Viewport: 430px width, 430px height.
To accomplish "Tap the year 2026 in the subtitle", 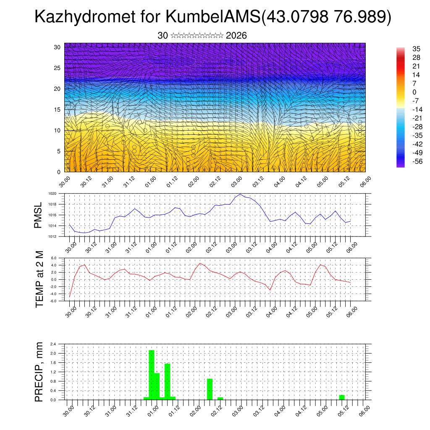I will (x=236, y=36).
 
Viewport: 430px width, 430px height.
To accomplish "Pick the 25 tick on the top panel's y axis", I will (x=57, y=68).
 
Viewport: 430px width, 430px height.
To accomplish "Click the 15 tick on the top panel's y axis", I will (x=57, y=110).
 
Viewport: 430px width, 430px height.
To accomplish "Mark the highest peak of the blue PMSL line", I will (x=240, y=194).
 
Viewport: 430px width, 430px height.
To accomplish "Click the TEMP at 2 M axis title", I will (x=39, y=279).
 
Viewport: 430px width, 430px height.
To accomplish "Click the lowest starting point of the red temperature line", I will (x=70, y=296).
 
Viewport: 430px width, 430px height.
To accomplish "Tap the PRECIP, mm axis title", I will (x=39, y=372).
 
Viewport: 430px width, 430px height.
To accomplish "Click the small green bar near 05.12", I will (x=342, y=397).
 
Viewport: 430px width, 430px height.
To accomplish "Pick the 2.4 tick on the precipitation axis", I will (x=53, y=344).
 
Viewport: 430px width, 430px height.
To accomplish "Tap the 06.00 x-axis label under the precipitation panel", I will (x=365, y=409).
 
